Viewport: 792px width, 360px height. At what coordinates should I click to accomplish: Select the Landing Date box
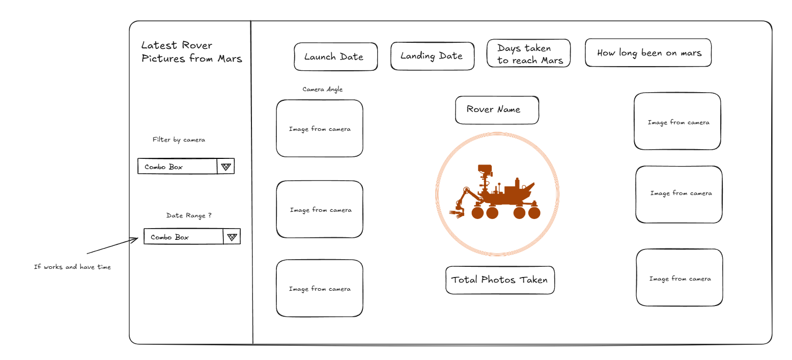tap(432, 56)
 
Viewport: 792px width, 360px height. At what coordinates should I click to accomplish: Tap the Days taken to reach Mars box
tap(528, 53)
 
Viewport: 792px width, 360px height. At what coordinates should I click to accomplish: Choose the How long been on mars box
tap(648, 53)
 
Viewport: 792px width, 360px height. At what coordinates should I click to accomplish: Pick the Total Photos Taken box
tap(499, 280)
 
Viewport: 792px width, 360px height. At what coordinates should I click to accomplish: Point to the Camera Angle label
tap(322, 90)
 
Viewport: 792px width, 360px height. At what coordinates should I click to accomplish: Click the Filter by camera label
tap(179, 140)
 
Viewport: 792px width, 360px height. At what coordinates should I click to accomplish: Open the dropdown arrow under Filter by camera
tap(226, 167)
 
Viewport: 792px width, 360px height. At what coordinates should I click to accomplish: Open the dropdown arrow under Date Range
tap(232, 237)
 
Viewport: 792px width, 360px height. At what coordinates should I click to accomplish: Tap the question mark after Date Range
tap(210, 215)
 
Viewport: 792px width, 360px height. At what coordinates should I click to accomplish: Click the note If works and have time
tap(72, 267)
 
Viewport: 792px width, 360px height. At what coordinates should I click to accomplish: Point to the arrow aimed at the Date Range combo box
tap(112, 246)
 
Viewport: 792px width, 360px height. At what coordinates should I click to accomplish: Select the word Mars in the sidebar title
tap(230, 59)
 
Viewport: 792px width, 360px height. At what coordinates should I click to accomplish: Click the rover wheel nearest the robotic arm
tap(477, 212)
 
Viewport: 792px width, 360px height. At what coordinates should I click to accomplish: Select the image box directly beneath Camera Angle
tap(320, 129)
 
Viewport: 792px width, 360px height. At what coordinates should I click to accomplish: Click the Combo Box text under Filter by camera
tap(163, 167)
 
